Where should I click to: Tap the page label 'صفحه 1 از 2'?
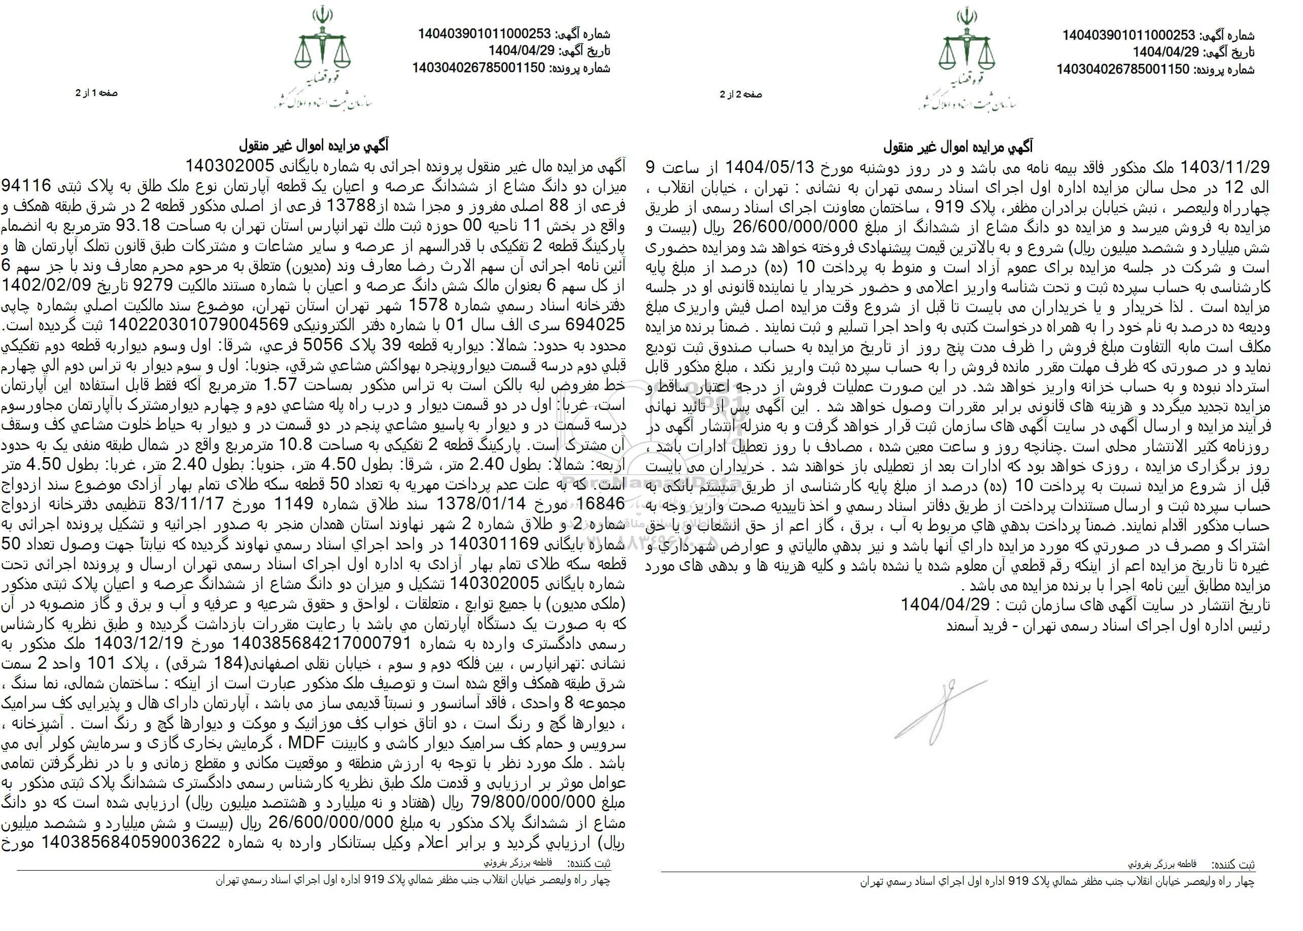pos(96,93)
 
